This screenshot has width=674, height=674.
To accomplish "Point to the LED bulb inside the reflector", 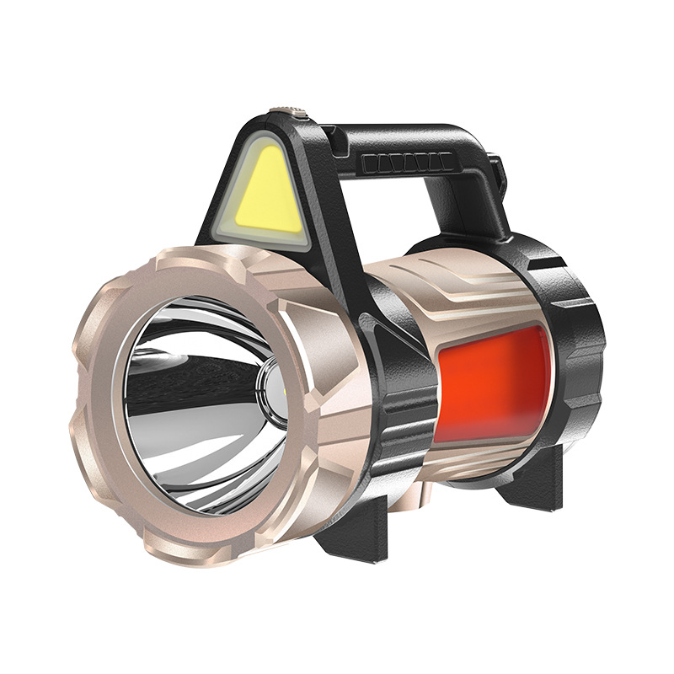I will click(x=272, y=389).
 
